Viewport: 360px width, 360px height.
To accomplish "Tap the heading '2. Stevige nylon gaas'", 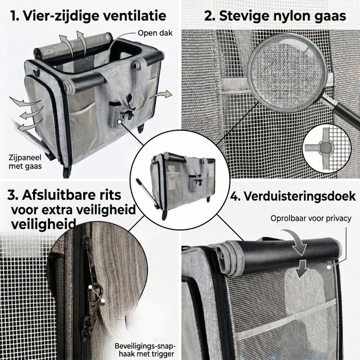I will (x=275, y=16).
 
